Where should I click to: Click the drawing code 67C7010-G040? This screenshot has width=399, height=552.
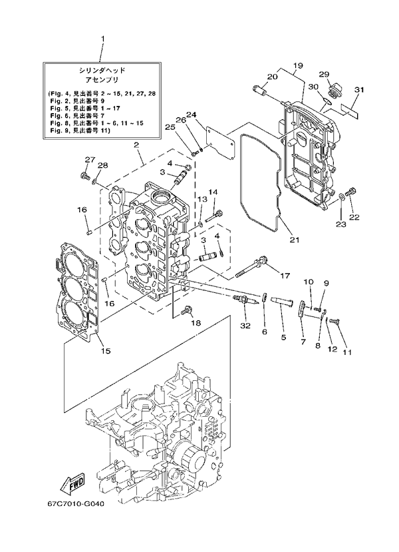point(76,521)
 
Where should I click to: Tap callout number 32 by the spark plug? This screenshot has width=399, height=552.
point(247,325)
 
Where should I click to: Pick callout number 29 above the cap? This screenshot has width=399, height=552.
point(324,74)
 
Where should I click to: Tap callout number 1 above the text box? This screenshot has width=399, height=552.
point(102,39)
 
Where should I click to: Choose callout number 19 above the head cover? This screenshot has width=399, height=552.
point(297,65)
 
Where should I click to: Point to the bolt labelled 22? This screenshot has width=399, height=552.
point(353,193)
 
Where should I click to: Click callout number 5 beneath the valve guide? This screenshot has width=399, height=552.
point(283,338)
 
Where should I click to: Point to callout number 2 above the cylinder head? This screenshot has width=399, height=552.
point(136,144)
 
